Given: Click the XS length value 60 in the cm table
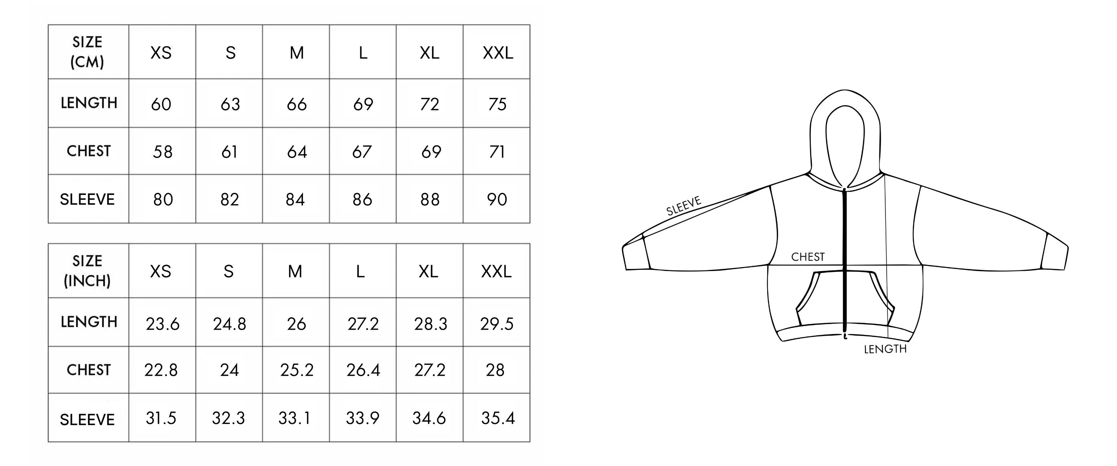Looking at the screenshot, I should point(161,104).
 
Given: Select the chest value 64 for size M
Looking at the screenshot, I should point(297,152).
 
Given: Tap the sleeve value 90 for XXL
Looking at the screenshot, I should point(497,199).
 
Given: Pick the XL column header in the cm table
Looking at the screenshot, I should point(429,53).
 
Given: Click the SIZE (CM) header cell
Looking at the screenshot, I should point(87,52).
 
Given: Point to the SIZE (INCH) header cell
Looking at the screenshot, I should point(87,271).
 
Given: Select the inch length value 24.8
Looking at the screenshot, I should point(229,324).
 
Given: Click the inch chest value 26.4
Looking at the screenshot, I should point(363,370).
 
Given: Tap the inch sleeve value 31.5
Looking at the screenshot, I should point(161,418).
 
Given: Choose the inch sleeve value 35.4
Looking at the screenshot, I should point(498,418).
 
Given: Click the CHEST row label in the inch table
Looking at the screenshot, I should point(88,370).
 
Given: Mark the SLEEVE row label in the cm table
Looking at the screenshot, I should point(87,199).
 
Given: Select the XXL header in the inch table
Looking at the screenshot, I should point(496,271).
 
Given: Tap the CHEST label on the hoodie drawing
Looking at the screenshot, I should point(807,257).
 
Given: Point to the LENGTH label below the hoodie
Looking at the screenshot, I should point(885,349).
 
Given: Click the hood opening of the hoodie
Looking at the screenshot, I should point(845,143).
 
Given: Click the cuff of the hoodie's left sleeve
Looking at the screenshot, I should point(636,256).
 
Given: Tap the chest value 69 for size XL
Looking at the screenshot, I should point(431,152).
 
